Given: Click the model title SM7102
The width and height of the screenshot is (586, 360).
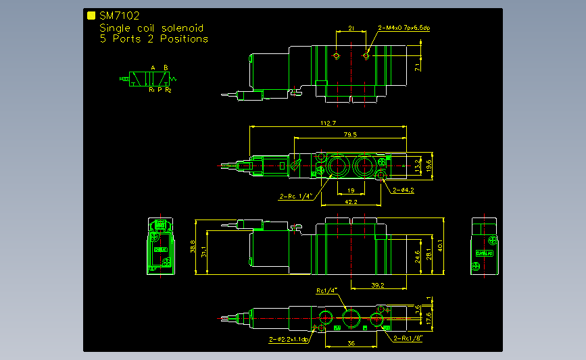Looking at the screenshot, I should [119, 16].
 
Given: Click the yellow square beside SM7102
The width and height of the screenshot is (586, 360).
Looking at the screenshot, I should [91, 16].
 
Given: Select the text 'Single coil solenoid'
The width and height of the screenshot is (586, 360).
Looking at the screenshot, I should [151, 28].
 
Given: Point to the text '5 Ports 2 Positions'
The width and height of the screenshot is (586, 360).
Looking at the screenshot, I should [153, 39].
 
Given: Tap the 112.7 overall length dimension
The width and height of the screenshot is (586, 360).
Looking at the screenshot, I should [327, 123].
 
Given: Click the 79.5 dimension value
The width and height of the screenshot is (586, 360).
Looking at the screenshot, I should [350, 135].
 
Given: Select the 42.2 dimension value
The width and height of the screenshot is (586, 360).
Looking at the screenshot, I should [350, 201].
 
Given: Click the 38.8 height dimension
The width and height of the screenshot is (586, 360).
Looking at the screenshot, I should [193, 247].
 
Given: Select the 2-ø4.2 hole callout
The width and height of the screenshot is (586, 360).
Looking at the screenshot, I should [404, 190].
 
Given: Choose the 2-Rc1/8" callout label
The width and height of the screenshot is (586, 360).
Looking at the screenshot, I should [408, 339].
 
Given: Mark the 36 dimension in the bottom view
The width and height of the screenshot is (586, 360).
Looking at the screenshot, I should [351, 343].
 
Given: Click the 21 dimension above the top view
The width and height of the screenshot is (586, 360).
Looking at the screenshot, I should [351, 28].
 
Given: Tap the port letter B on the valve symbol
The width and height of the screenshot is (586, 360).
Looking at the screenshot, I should [166, 68].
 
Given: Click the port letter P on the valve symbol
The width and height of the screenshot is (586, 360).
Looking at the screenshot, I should [160, 89].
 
